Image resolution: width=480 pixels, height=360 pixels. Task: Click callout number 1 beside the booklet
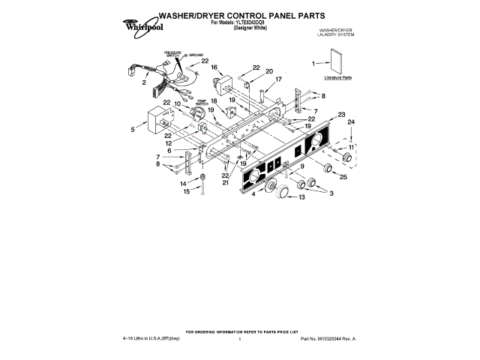(x=314, y=64)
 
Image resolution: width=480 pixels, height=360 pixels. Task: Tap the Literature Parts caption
(x=338, y=78)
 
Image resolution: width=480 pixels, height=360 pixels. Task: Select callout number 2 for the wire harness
(x=143, y=83)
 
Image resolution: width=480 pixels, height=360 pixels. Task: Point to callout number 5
(x=133, y=129)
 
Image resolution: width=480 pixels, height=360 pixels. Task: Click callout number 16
(x=214, y=67)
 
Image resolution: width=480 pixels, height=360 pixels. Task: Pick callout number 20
(x=268, y=71)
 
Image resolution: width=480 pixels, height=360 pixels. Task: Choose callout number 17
(x=277, y=79)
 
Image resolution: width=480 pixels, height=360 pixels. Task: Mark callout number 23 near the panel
(x=341, y=115)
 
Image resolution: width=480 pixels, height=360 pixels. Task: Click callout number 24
(x=352, y=121)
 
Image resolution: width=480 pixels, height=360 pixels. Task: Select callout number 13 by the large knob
(x=301, y=198)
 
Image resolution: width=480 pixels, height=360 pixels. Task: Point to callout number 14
(x=183, y=183)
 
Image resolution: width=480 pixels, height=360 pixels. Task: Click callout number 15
(x=187, y=191)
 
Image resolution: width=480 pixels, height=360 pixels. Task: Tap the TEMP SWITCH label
(x=202, y=103)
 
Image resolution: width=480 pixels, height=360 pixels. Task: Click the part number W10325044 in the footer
(x=325, y=339)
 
